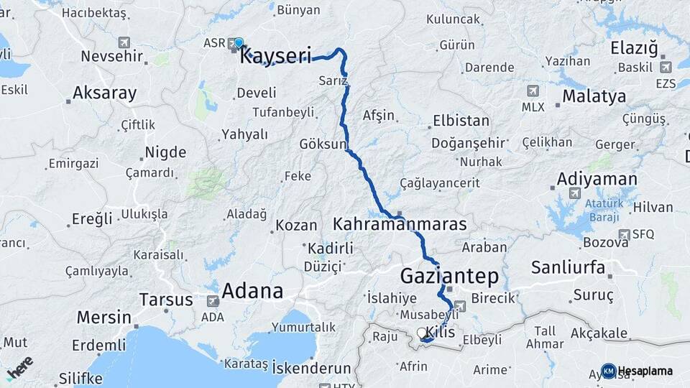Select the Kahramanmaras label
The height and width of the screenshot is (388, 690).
pos(400,225)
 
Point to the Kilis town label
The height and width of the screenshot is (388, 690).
pos(441,332)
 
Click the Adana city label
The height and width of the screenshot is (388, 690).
pos(252,290)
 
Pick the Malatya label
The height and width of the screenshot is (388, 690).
pos(594,96)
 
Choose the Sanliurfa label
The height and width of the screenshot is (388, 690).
pos(568,268)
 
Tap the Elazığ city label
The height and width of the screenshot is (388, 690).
pos(633,48)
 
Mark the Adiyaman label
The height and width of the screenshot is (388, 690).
pos(597,179)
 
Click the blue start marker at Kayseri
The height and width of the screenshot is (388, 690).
pos(239,43)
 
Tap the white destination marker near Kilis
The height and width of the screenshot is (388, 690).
pos(422,333)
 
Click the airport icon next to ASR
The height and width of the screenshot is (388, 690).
pos(234,44)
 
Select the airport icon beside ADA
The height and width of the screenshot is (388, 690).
pos(213,302)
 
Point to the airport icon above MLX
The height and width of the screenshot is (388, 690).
pos(533,91)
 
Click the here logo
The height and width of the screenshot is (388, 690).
pos(19,366)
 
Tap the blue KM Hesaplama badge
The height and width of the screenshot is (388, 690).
pos(608,371)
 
